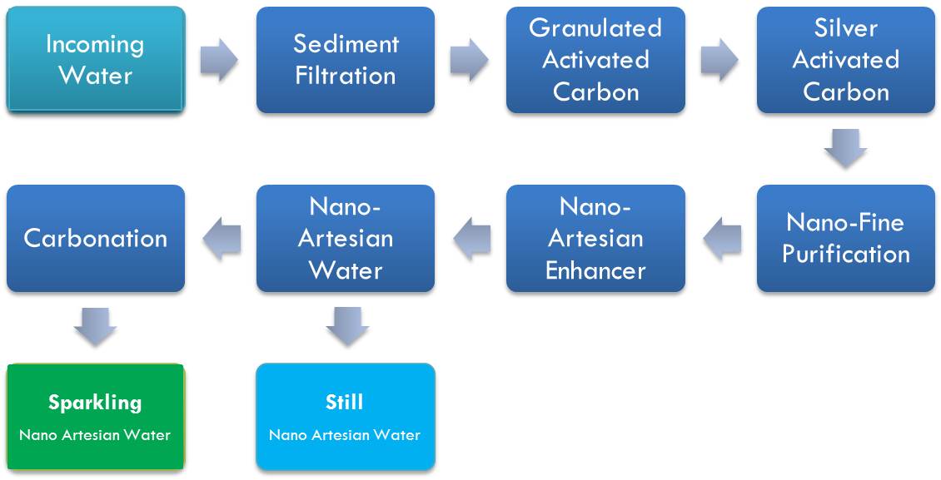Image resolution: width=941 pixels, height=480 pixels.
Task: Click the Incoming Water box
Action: point(95,59)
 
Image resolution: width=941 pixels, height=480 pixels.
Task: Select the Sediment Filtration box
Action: point(345,60)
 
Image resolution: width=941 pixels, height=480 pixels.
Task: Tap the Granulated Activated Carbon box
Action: point(595,60)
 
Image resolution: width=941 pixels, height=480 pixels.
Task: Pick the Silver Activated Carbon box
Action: point(845,60)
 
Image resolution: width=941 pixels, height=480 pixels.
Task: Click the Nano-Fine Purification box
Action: point(845,238)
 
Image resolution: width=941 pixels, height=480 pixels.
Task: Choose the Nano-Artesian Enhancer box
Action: point(595,238)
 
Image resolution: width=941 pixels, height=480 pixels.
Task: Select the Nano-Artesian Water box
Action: point(345,238)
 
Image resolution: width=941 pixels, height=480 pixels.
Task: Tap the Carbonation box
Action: point(95,238)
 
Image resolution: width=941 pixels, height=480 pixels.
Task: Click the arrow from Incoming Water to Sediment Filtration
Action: point(219,61)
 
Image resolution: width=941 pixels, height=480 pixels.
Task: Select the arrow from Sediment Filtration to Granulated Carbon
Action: point(470,61)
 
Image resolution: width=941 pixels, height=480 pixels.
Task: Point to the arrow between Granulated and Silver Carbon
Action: point(719,61)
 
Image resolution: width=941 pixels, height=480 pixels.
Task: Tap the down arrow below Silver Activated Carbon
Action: point(845,149)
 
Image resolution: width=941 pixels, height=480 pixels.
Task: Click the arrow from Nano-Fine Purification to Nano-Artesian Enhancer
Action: point(721,239)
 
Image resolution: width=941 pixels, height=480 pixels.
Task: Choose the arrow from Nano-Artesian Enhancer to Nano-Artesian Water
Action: point(471,239)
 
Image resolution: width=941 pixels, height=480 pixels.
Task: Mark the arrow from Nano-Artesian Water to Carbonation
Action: point(222,239)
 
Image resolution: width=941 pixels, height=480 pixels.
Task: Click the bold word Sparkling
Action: point(95,403)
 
